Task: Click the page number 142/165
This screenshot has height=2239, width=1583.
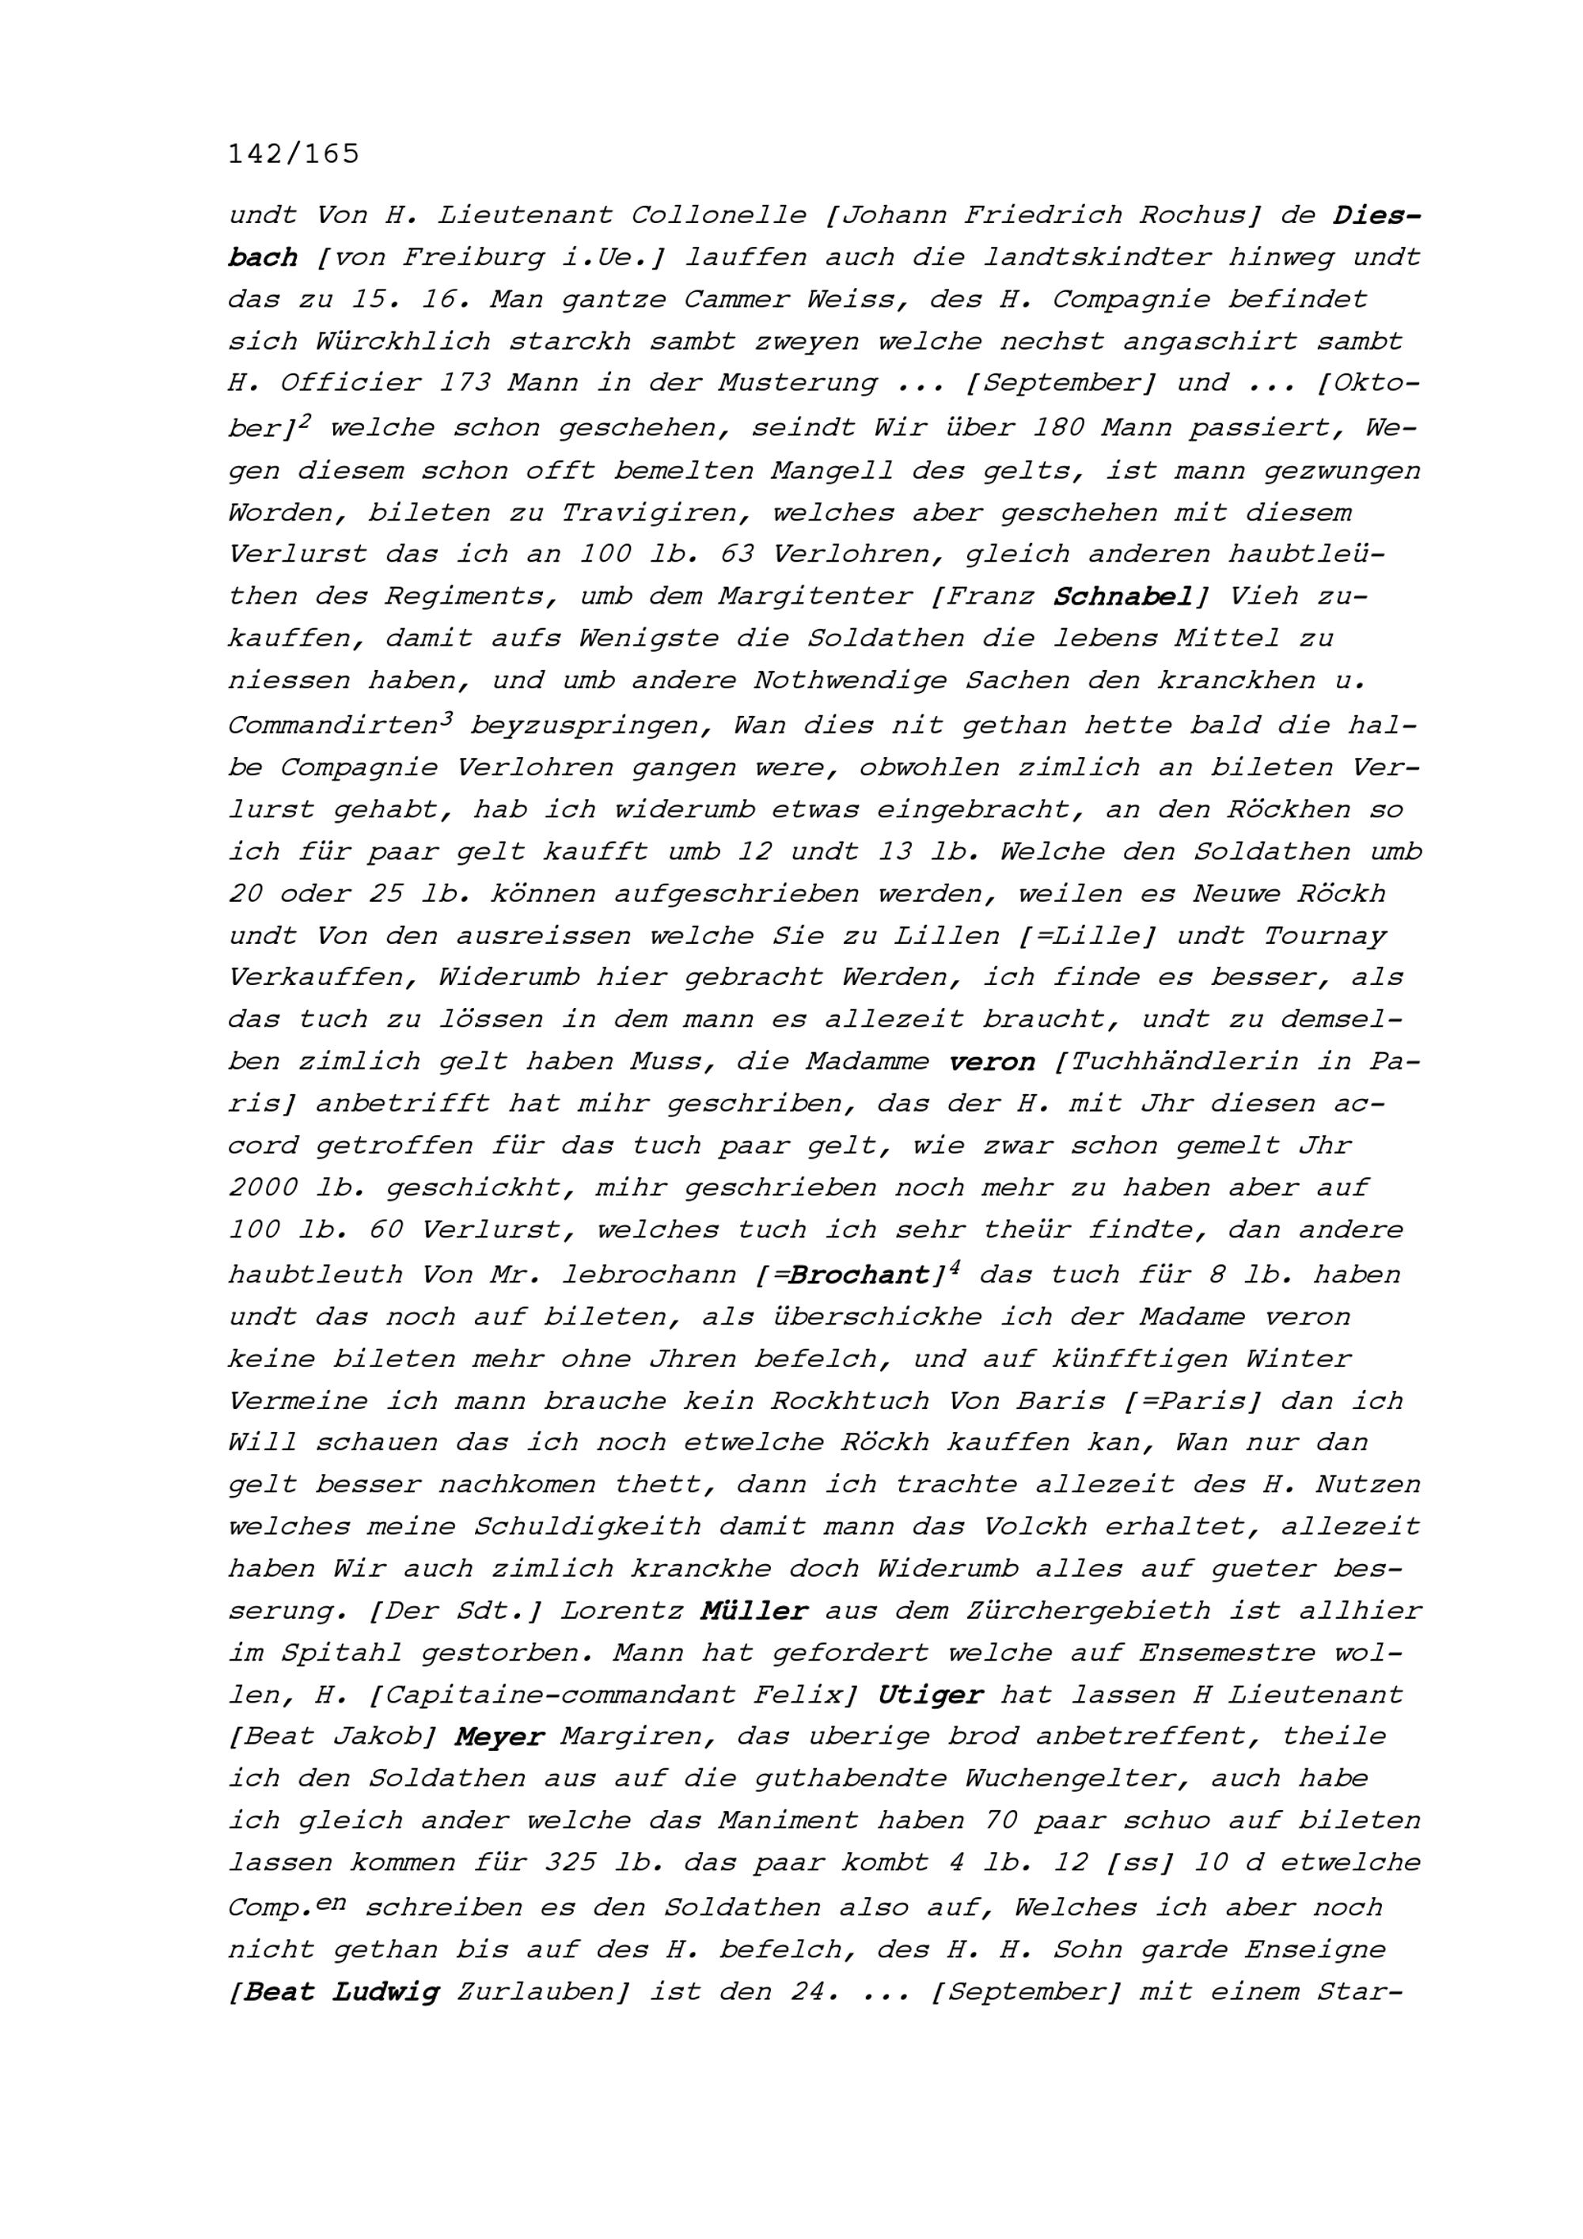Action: [x=294, y=154]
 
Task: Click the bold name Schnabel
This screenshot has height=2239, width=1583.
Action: [x=1122, y=596]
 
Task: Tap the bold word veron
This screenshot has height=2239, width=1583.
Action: [x=991, y=1062]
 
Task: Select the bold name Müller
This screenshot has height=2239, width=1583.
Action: [x=754, y=1611]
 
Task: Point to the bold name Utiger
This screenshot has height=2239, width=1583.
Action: [x=929, y=1695]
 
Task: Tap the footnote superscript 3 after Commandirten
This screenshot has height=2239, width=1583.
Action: [x=446, y=718]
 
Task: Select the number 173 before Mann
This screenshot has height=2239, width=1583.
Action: [x=465, y=383]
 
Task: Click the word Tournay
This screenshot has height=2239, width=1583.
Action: [x=1323, y=936]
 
